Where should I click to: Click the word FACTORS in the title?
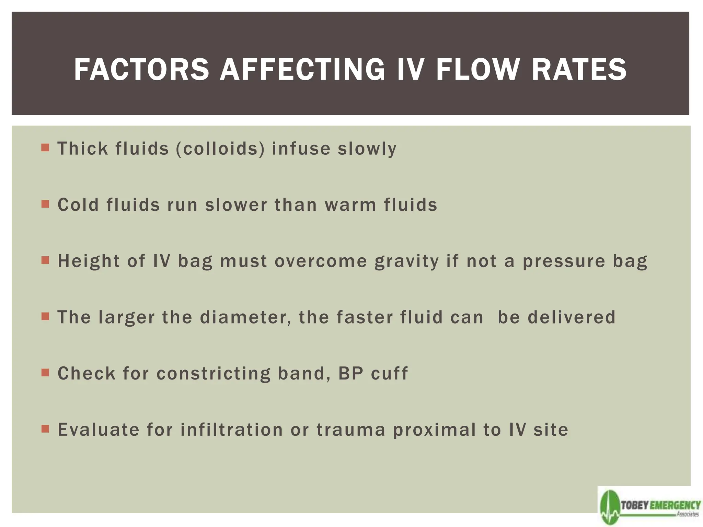tap(141, 70)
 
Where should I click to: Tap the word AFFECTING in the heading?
tap(302, 70)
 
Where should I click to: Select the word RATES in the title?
tap(579, 70)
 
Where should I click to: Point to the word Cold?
tap(78, 205)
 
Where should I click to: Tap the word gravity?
tap(406, 262)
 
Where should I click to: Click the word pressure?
tap(564, 262)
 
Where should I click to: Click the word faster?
tap(364, 317)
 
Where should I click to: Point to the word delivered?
tap(572, 317)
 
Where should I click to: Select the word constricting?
tap(214, 374)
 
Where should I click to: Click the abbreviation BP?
tap(351, 374)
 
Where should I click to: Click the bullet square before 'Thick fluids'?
tap(45, 148)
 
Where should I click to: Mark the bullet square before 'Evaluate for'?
tap(45, 429)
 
